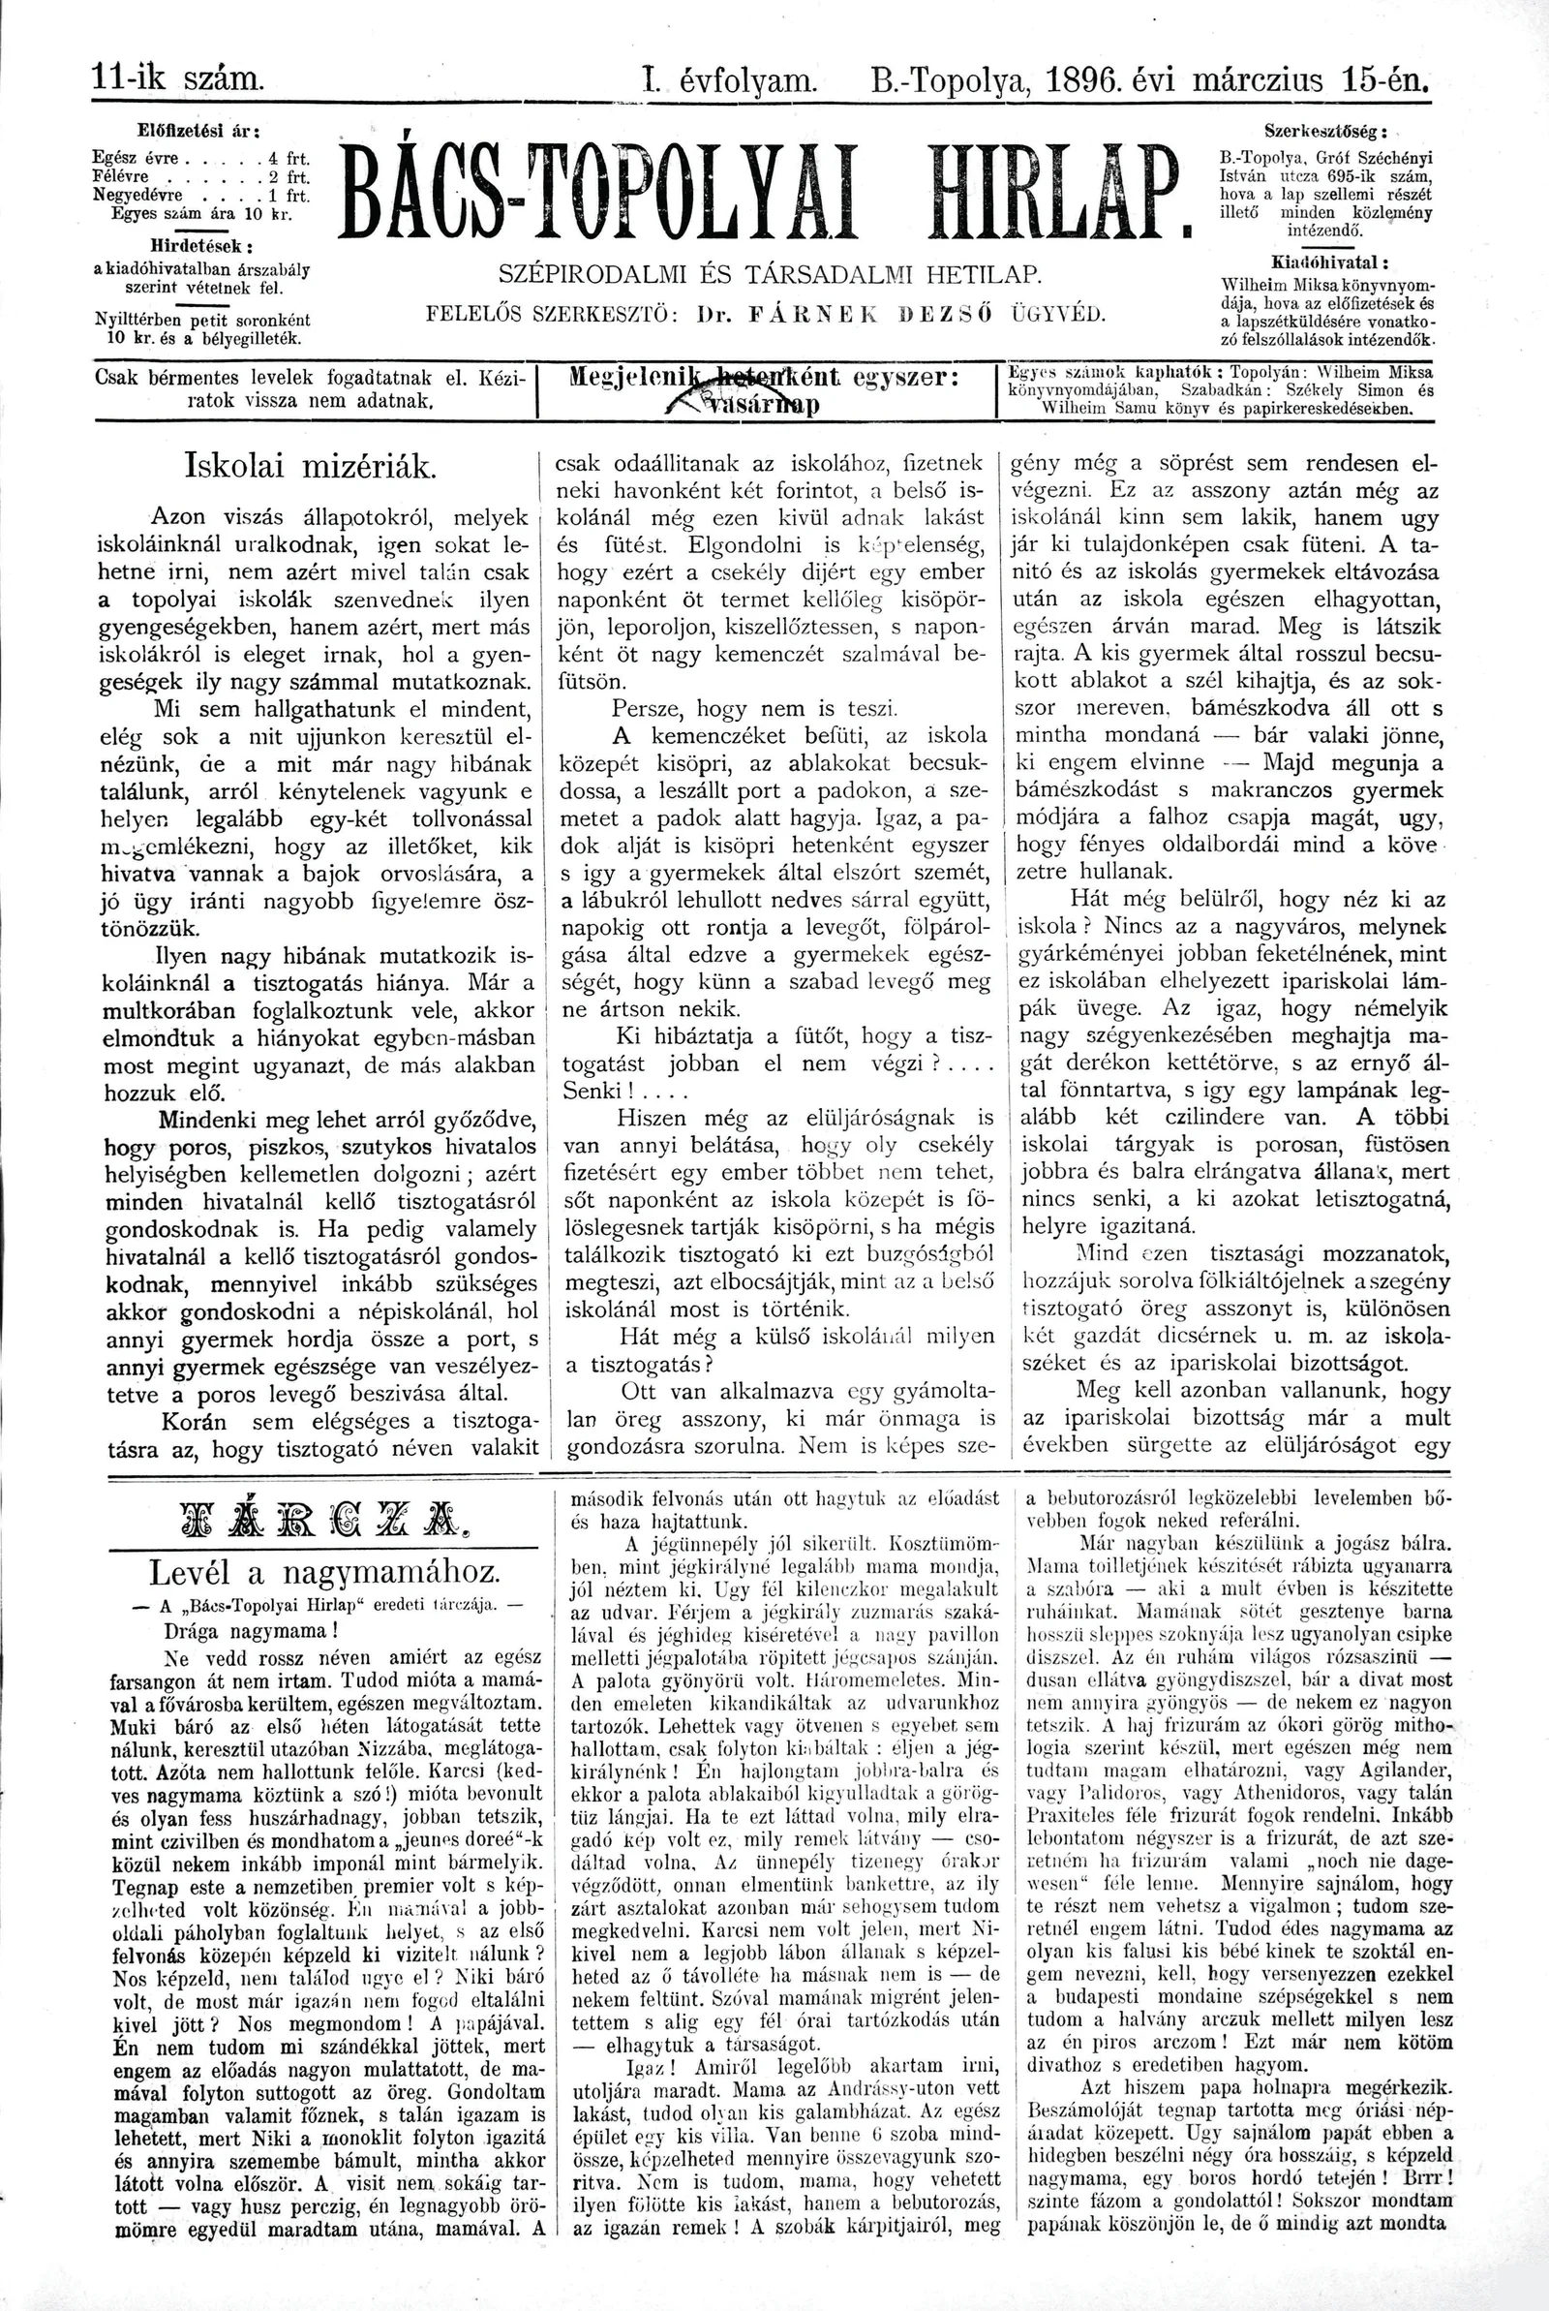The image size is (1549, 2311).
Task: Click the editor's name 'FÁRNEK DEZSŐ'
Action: pyautogui.click(x=870, y=315)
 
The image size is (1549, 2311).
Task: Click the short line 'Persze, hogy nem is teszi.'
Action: pyautogui.click(x=754, y=708)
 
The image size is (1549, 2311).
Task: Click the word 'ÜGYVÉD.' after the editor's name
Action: pyautogui.click(x=1056, y=315)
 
